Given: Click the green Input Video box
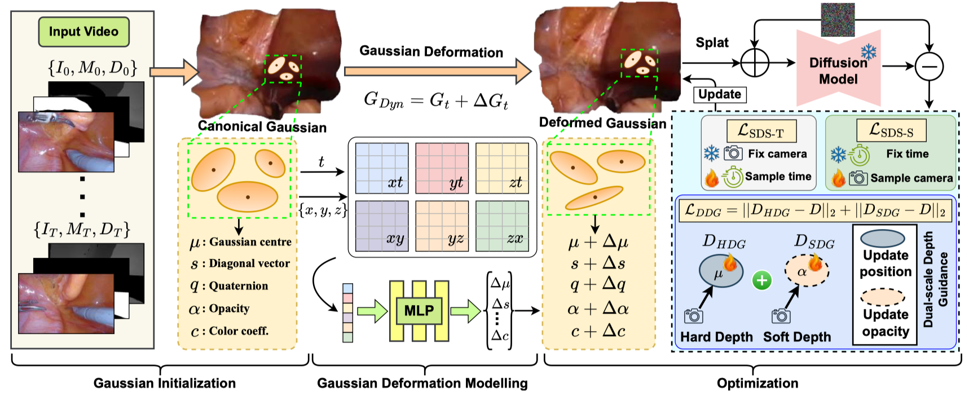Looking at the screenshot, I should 83,32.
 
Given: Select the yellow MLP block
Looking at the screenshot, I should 419,311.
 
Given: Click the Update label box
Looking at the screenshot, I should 720,94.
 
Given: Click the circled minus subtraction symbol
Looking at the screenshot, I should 928,66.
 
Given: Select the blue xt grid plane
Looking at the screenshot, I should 382,168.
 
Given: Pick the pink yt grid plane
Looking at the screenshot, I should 442,168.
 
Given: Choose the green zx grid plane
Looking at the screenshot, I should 502,226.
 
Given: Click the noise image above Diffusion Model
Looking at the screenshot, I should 838,19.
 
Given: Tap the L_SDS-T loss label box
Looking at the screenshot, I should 761,131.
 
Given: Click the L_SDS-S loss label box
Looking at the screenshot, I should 891,130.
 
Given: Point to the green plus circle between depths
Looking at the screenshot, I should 762,280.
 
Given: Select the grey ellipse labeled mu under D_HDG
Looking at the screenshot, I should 720,271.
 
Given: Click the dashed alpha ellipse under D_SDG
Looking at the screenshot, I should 807,271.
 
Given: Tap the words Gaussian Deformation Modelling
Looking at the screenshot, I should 422,384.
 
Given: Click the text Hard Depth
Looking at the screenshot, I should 716,337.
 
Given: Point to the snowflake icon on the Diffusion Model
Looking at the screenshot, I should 869,52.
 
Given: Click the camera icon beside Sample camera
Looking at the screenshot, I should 858,178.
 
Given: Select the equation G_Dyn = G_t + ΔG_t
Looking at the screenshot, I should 436,100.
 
